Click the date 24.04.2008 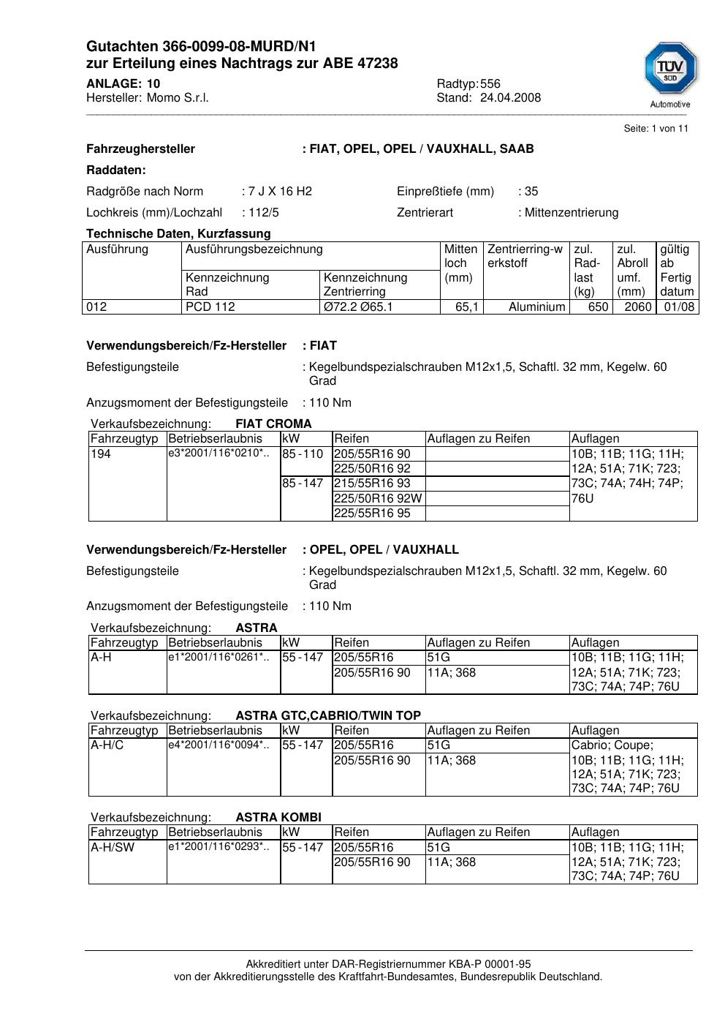[510, 98]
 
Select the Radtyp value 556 [490, 83]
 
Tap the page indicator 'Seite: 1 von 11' [656, 129]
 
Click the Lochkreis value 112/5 [263, 213]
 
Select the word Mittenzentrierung [571, 213]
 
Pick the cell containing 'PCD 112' [210, 307]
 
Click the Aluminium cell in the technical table [536, 307]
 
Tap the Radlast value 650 [598, 307]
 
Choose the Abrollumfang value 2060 [637, 307]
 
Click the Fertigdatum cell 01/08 [679, 307]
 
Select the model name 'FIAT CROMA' [273, 424]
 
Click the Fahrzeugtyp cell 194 [101, 454]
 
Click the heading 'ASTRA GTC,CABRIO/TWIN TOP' [328, 716]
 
